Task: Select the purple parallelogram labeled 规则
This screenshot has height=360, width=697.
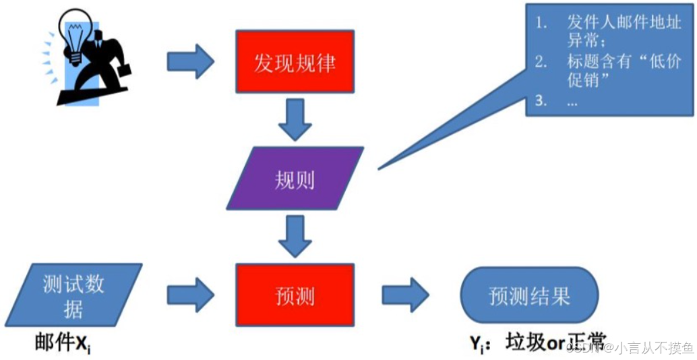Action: [x=295, y=178]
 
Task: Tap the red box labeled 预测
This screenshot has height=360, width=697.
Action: [x=295, y=295]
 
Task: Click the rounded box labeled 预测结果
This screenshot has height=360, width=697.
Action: [x=529, y=295]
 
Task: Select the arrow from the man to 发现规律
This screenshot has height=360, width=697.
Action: [x=190, y=61]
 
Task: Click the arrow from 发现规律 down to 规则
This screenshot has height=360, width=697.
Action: [x=295, y=119]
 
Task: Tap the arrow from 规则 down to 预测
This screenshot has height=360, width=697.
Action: [x=295, y=235]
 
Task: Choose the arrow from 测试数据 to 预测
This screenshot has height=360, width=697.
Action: [x=190, y=295]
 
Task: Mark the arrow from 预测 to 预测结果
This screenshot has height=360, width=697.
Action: [x=405, y=295]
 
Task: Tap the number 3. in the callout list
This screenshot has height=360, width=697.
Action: [x=541, y=102]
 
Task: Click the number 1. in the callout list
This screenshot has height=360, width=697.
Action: [x=541, y=22]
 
